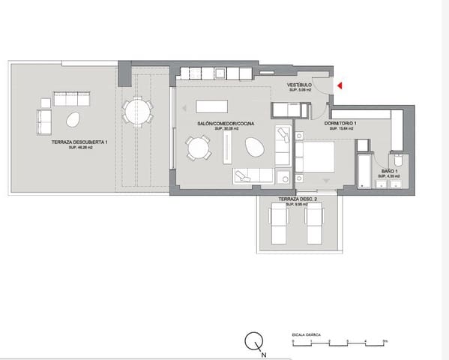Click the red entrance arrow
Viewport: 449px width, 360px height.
click(x=340, y=86)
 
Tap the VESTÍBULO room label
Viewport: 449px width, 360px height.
click(x=300, y=85)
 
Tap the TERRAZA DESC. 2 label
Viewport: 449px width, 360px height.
click(x=298, y=199)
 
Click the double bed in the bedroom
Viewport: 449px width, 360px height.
click(x=316, y=157)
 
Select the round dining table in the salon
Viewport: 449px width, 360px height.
click(x=199, y=146)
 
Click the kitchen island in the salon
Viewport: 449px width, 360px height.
click(x=218, y=106)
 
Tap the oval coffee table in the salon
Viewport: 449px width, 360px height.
click(x=256, y=149)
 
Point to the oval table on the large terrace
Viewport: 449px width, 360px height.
click(x=73, y=118)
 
